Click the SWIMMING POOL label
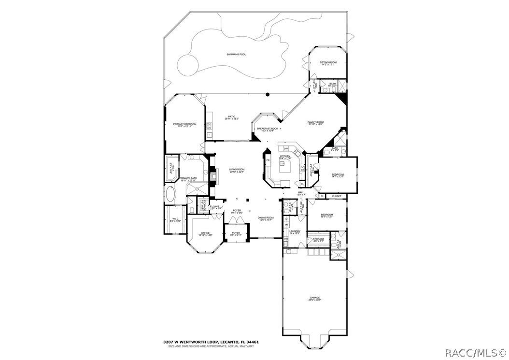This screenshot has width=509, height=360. (x=236, y=55)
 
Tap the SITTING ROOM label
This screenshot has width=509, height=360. (x=328, y=63)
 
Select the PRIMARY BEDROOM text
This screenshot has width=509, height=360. (x=185, y=125)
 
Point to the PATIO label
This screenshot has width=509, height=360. (x=232, y=116)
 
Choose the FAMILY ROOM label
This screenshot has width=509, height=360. (x=315, y=122)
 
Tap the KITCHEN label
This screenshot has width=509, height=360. (x=285, y=157)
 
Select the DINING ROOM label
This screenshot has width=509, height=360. (x=266, y=218)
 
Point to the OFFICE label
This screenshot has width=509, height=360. (x=206, y=233)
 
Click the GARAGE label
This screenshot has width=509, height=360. (x=315, y=298)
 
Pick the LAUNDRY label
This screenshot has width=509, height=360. (x=295, y=231)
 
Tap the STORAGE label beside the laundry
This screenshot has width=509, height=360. (x=318, y=239)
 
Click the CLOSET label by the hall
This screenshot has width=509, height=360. (x=337, y=196)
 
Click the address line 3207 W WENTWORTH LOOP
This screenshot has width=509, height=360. (x=211, y=342)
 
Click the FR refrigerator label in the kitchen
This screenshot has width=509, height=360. (x=268, y=159)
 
